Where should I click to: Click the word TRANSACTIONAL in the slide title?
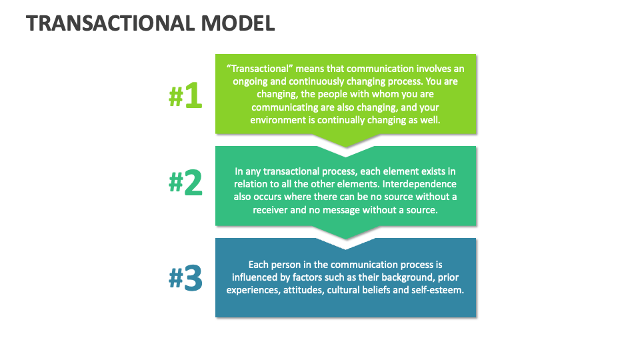(110, 23)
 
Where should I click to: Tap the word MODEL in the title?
(237, 23)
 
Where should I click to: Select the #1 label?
(185, 97)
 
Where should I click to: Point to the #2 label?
(185, 183)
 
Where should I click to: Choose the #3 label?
(185, 279)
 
